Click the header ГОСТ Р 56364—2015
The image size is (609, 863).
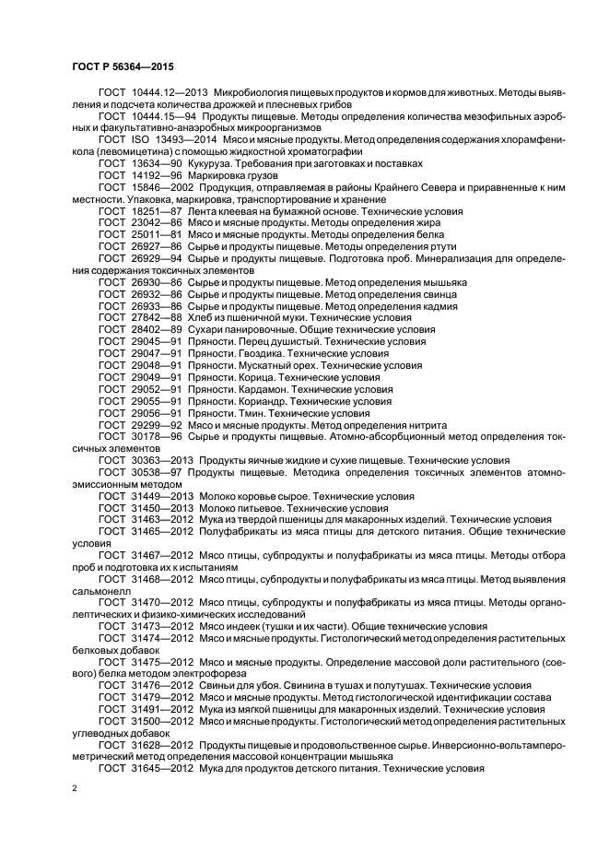(123, 67)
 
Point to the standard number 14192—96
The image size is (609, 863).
(154, 175)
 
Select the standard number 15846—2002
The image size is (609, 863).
(158, 187)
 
